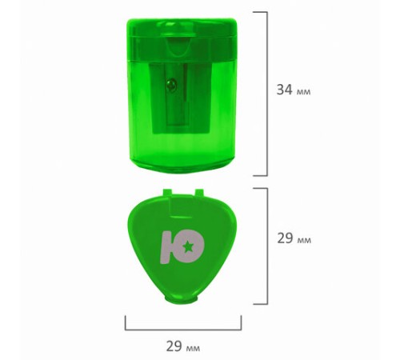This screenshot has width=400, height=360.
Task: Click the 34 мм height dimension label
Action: [x=294, y=90]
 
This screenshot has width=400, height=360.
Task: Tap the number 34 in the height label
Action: [x=284, y=90]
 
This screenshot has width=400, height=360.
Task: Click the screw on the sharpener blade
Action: [x=171, y=85]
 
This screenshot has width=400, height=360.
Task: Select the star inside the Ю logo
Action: [x=189, y=246]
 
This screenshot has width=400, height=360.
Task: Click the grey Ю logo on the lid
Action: [x=182, y=247]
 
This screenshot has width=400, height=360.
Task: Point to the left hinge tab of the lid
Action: [x=167, y=192]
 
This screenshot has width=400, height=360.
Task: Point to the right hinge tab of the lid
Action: [x=199, y=192]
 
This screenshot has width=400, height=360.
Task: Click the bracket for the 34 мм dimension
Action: [x=266, y=94]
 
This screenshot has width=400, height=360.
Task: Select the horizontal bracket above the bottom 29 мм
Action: [x=183, y=330]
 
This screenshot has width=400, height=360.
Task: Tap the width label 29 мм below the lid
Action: [x=183, y=346]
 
